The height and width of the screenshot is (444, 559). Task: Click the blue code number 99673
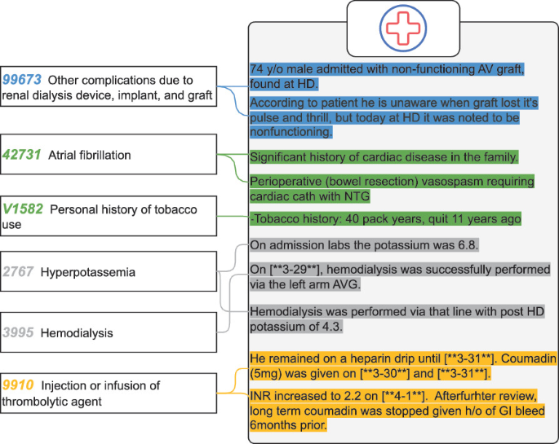click(22, 80)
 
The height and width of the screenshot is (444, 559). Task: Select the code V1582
click(24, 209)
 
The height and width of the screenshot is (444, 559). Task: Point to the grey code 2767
click(18, 271)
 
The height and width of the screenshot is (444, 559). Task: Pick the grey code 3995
click(18, 332)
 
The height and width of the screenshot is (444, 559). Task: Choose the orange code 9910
click(19, 385)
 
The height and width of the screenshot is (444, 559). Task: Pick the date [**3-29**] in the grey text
click(302, 269)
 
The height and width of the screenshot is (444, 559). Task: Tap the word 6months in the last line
click(276, 425)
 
